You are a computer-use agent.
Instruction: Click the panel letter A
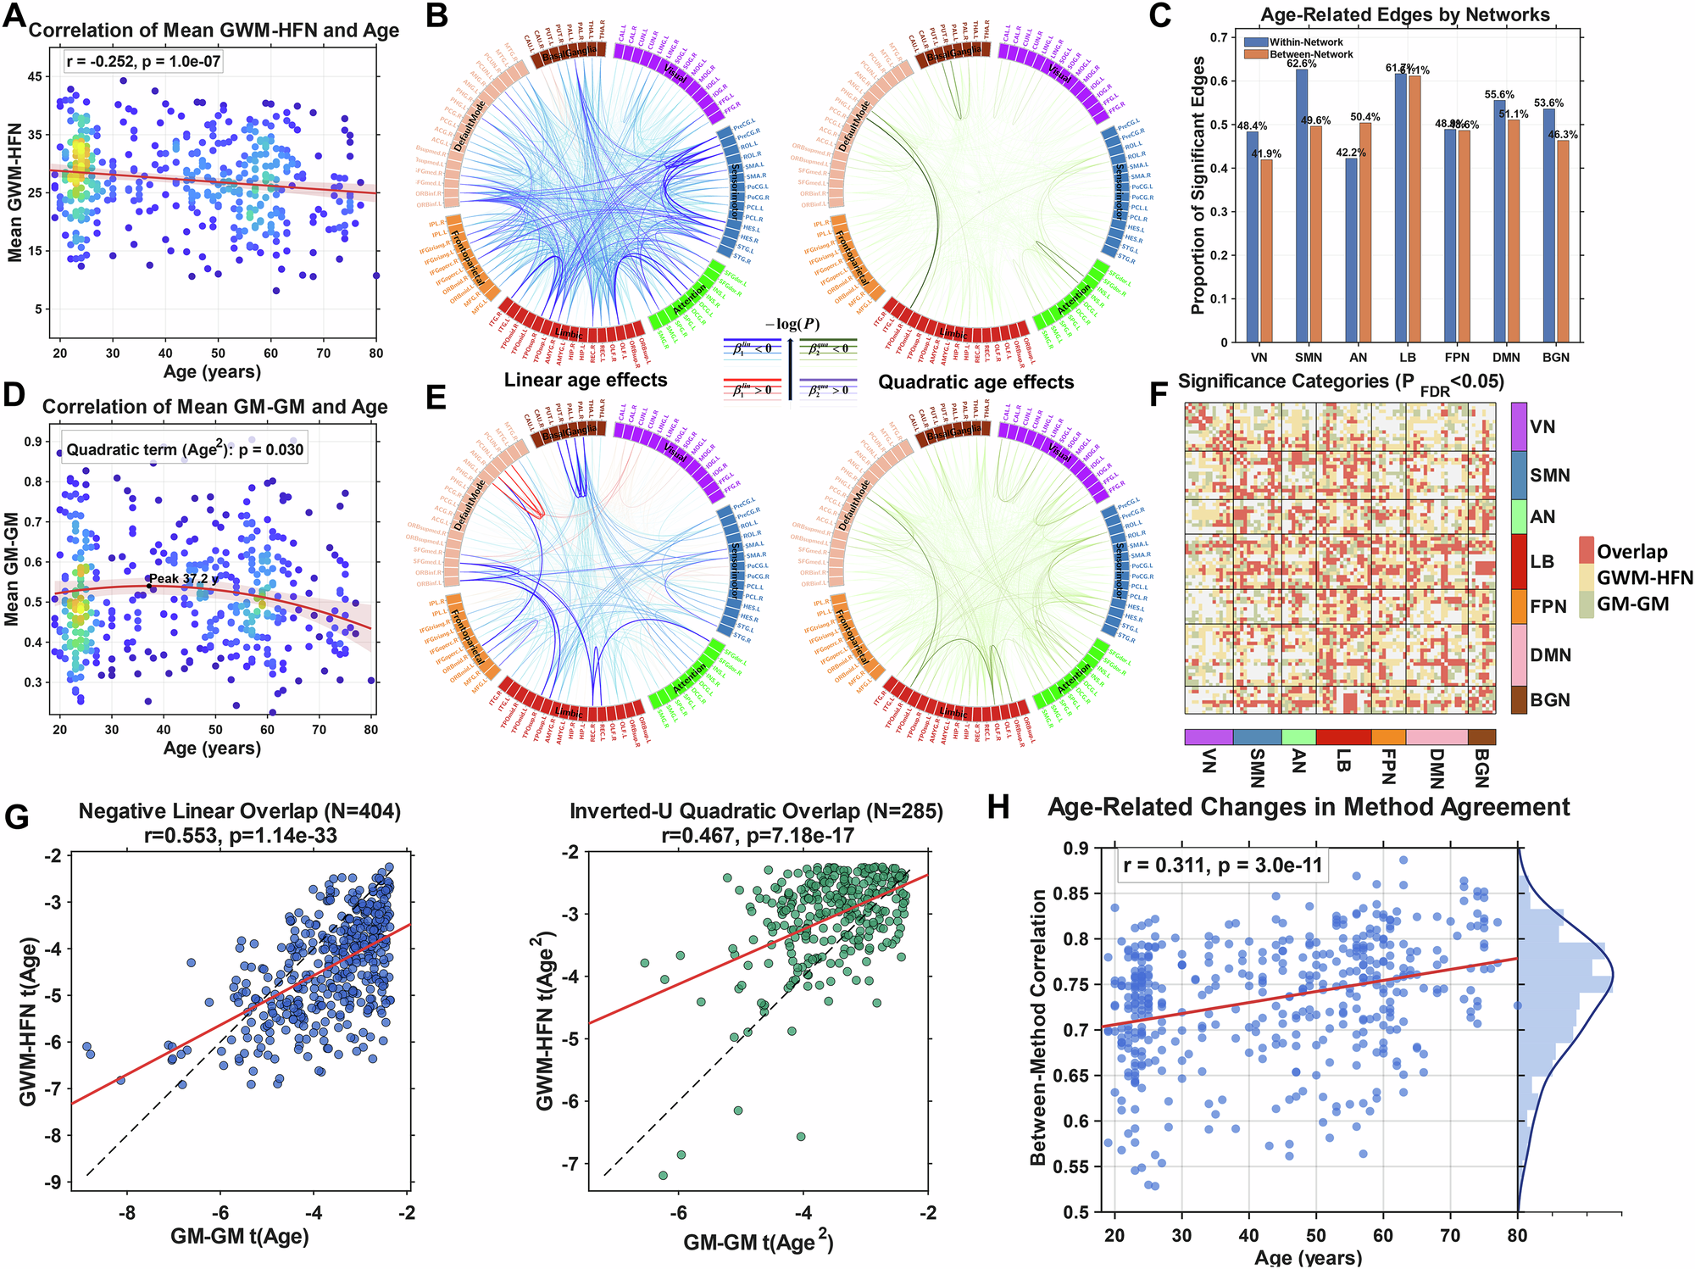(14, 16)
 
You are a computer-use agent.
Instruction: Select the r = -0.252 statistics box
(143, 61)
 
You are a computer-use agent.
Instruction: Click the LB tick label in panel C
(1407, 357)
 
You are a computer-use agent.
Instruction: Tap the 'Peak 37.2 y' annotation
(184, 579)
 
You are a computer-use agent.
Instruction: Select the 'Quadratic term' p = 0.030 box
(184, 449)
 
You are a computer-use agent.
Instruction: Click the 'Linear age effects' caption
(586, 380)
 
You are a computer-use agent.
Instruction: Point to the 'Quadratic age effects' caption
(975, 382)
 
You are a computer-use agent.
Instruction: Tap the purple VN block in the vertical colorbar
(1518, 426)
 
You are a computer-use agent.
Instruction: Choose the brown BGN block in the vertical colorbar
(1518, 700)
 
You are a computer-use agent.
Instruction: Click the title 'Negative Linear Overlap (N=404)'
(240, 811)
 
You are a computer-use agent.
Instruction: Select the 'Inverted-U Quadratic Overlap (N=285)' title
(756, 811)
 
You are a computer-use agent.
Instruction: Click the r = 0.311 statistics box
(1220, 865)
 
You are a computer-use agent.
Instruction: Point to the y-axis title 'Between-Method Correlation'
(1038, 1027)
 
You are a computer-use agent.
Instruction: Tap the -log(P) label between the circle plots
(792, 325)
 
